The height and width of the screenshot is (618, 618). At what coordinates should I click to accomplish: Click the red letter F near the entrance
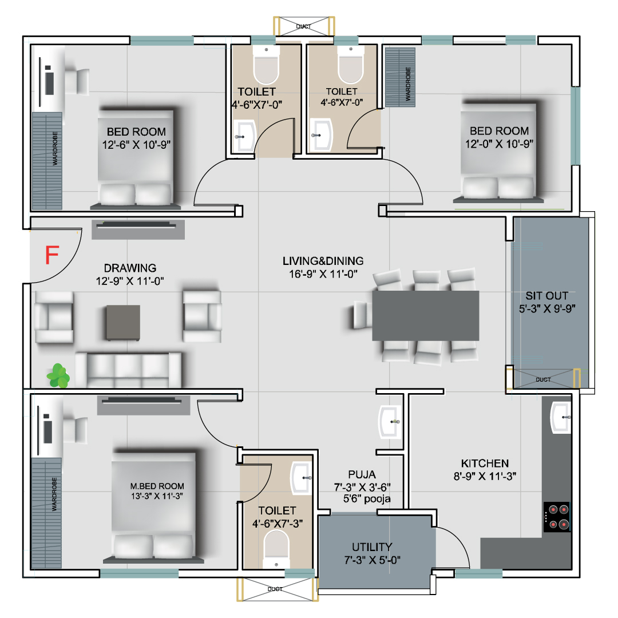click(52, 255)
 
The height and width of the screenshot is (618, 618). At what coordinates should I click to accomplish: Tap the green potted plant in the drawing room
click(58, 375)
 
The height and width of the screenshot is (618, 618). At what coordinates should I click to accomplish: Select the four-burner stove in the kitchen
click(557, 517)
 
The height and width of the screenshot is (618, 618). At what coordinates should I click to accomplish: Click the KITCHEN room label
click(485, 463)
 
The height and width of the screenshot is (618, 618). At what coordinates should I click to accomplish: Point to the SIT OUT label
click(546, 296)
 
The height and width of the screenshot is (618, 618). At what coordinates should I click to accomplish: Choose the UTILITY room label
click(372, 547)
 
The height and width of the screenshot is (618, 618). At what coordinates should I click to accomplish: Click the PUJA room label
click(362, 474)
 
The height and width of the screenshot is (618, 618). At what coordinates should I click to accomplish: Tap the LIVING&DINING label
click(323, 261)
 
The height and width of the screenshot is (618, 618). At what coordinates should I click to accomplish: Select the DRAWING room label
click(130, 268)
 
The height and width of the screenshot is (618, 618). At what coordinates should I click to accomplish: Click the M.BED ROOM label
click(157, 486)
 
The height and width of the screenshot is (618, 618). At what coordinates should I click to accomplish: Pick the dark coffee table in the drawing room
click(123, 322)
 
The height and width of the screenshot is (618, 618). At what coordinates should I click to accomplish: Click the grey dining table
click(426, 315)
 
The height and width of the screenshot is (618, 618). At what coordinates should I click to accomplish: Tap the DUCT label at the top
click(303, 26)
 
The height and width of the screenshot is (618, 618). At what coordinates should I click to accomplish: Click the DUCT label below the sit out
click(543, 379)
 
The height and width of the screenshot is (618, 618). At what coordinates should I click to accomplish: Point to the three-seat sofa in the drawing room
click(129, 370)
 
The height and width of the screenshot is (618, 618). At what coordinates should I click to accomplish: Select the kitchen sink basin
click(560, 417)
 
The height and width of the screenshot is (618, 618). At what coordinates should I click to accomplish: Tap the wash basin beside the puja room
click(390, 422)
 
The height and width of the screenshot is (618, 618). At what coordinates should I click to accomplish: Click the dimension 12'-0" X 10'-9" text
click(500, 144)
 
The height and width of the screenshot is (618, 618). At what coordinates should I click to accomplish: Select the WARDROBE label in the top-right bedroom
click(408, 84)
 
